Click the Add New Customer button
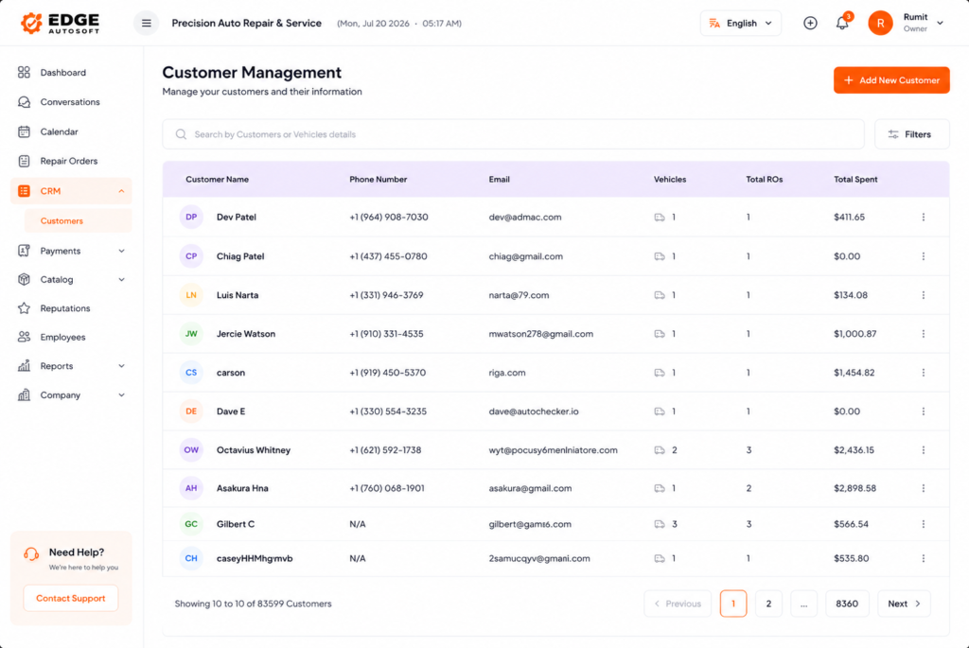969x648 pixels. click(891, 80)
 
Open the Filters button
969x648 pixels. click(911, 134)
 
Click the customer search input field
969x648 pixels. click(513, 134)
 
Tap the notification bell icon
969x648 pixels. click(841, 24)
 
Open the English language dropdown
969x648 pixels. click(740, 24)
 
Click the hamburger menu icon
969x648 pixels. click(147, 24)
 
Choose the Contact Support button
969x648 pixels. click(70, 598)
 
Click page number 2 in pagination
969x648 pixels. click(768, 604)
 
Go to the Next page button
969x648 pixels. click(904, 604)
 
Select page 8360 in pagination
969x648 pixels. click(847, 604)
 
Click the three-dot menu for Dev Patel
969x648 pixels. click(924, 218)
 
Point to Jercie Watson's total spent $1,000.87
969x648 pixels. click(854, 334)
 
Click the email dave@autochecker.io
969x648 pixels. click(534, 412)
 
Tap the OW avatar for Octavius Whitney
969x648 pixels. click(191, 449)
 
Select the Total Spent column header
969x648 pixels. click(855, 180)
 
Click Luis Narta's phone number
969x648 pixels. click(386, 295)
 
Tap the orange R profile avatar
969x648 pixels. click(880, 24)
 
